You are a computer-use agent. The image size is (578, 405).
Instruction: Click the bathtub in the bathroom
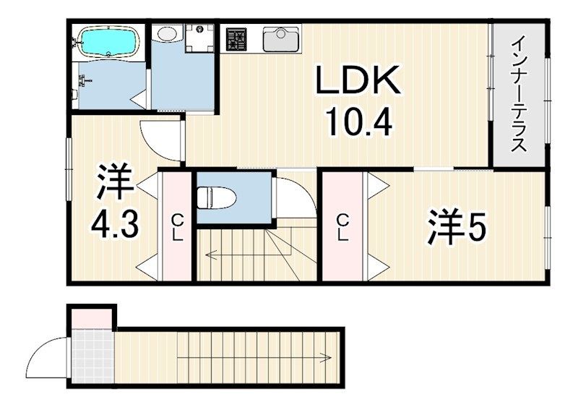click(x=108, y=42)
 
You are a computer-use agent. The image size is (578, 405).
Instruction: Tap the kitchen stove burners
click(x=236, y=39)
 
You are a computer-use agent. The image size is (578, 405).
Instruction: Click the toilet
click(x=212, y=195)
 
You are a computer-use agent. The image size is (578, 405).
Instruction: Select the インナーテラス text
click(x=518, y=94)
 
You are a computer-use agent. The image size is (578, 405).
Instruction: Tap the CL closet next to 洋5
click(x=342, y=226)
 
